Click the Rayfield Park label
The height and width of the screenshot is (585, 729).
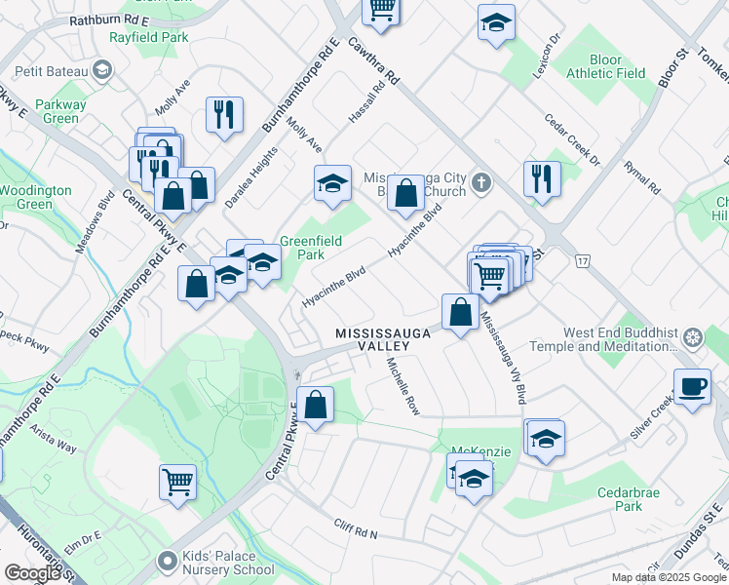point(149,38)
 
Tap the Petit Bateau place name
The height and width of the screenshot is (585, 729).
point(52,70)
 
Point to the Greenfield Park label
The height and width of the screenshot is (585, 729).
point(302,248)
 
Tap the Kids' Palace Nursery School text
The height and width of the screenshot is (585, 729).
point(228,564)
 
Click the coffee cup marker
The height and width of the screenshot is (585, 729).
point(692,386)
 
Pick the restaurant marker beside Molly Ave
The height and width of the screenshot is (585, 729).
point(225,114)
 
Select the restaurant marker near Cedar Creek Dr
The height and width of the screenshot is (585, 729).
point(541,177)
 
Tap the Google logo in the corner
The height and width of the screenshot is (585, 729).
point(32,573)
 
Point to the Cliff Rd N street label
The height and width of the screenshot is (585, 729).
point(355,529)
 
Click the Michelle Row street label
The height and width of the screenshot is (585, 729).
point(403,386)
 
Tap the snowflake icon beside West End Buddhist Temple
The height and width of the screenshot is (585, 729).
point(693,338)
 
